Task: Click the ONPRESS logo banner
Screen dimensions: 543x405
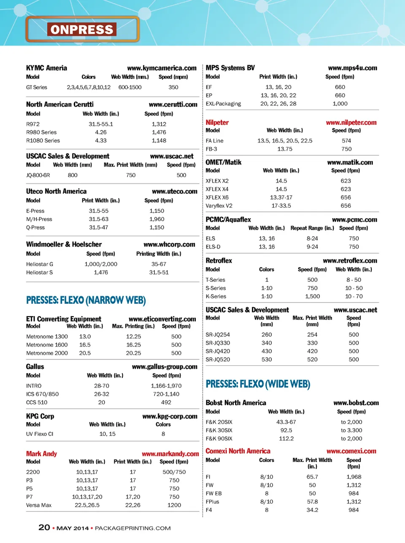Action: point(82,29)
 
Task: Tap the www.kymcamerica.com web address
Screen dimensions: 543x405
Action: point(162,68)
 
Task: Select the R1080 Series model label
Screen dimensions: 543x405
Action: point(43,140)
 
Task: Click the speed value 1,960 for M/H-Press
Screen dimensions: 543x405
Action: point(157,219)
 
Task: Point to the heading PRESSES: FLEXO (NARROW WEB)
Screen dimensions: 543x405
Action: point(86,300)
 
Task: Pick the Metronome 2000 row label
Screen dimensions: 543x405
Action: point(47,353)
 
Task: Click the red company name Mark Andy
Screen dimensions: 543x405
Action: point(41,454)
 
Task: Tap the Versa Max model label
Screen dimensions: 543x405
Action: point(39,505)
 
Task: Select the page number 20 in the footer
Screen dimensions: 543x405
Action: point(44,527)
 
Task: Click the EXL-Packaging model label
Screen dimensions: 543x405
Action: point(223,104)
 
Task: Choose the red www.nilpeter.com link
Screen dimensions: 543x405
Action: point(351,122)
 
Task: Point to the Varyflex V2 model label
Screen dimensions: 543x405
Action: point(219,206)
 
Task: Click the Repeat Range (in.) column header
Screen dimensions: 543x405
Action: point(312,228)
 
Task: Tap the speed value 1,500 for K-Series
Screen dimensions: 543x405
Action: point(312,296)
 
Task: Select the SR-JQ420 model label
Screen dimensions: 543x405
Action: point(218,351)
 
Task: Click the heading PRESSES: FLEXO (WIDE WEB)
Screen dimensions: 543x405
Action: point(258,384)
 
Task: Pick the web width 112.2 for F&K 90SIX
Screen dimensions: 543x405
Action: point(286,438)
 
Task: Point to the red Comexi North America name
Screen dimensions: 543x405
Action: point(238,451)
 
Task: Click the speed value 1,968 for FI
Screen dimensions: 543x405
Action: point(354,477)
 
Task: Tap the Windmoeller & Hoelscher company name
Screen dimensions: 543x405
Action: point(64,244)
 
